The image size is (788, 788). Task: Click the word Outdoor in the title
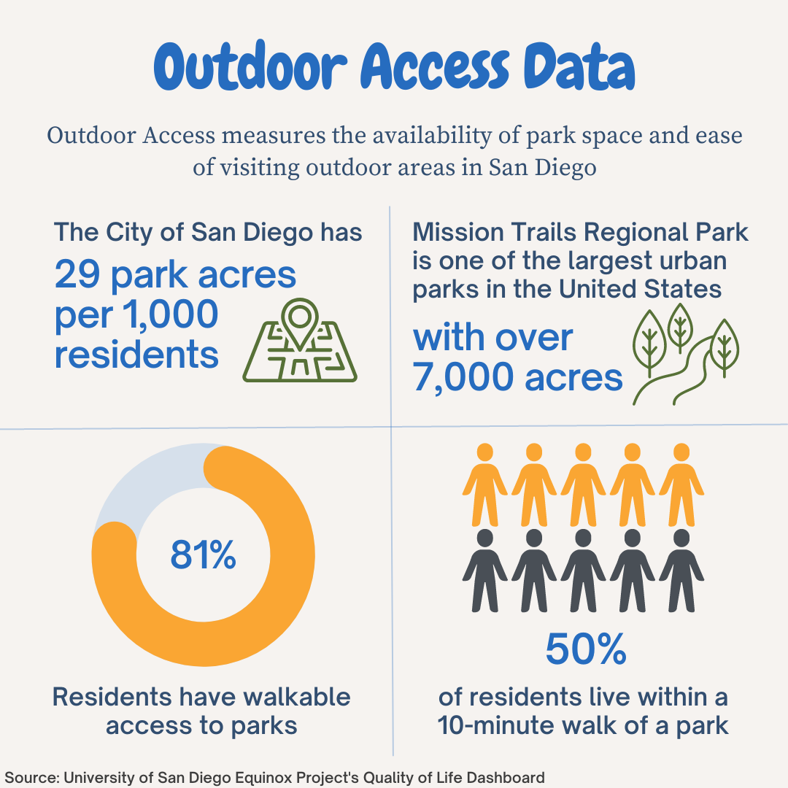(250, 66)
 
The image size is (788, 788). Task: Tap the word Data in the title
(579, 66)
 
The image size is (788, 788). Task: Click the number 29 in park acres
(77, 274)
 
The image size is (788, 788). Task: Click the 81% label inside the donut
(203, 555)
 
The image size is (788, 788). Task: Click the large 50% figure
(586, 649)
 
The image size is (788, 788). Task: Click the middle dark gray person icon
(583, 571)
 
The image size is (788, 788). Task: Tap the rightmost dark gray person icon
(681, 571)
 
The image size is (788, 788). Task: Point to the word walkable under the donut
(297, 697)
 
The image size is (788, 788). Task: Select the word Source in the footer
(30, 778)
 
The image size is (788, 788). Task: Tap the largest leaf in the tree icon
(650, 342)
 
